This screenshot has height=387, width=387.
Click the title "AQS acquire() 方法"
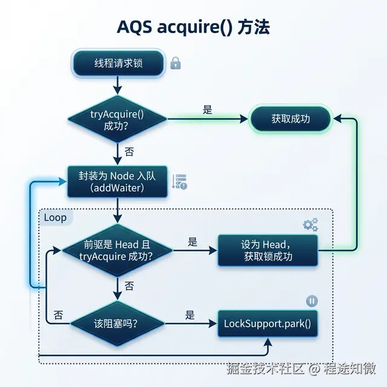[x=193, y=28]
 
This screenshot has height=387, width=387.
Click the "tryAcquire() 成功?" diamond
[x=117, y=119]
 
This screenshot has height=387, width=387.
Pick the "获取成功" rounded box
[x=290, y=119]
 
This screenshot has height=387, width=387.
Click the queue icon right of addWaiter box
[x=180, y=181]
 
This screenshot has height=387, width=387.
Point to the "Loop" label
[x=56, y=217]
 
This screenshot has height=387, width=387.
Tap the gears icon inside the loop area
[x=310, y=225]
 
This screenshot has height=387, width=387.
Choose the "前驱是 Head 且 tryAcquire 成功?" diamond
[x=117, y=250]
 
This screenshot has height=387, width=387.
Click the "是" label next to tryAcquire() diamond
[x=207, y=110]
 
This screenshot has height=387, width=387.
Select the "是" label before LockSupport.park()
[x=190, y=315]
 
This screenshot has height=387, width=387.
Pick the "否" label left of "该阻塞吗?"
[x=58, y=315]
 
